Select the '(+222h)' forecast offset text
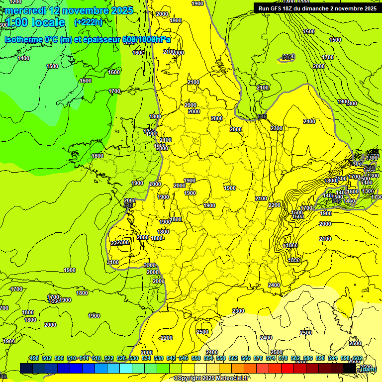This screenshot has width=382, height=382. [x=88, y=22]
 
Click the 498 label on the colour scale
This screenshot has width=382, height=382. [x=34, y=358]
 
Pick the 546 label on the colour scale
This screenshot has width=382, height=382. [x=184, y=358]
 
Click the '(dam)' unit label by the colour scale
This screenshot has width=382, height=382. [x=368, y=369]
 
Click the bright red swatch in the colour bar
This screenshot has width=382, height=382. [x=287, y=368]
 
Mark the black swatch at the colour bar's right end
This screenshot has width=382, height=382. [x=350, y=368]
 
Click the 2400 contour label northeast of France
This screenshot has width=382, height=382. [x=309, y=121]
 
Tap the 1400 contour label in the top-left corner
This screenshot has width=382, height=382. [x=23, y=58]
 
